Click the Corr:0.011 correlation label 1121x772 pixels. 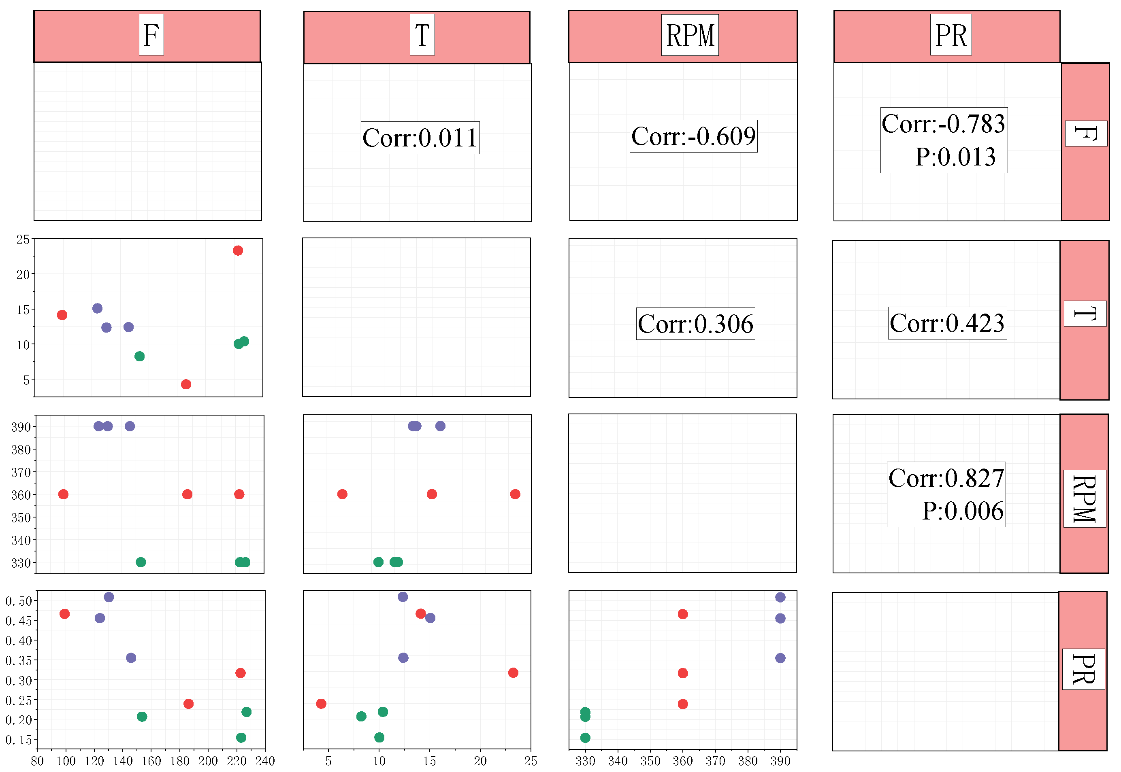point(420,138)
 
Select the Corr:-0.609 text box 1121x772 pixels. point(693,136)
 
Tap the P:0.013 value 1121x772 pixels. point(955,157)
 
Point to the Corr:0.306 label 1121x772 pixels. point(695,324)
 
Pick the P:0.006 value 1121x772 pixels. point(962,511)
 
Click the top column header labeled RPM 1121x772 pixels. point(690,35)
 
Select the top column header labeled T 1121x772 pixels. point(422,35)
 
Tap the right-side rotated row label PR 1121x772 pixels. point(1083,669)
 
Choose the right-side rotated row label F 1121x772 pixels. point(1086,134)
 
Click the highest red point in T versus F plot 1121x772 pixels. point(238,250)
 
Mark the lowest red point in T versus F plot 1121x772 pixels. point(186,384)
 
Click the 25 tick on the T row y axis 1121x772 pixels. point(23,240)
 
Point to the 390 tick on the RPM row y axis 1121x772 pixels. point(21,426)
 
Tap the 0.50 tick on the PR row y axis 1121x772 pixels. point(18,601)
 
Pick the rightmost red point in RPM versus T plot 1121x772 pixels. point(515,494)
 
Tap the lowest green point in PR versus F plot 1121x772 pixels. point(241,738)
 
